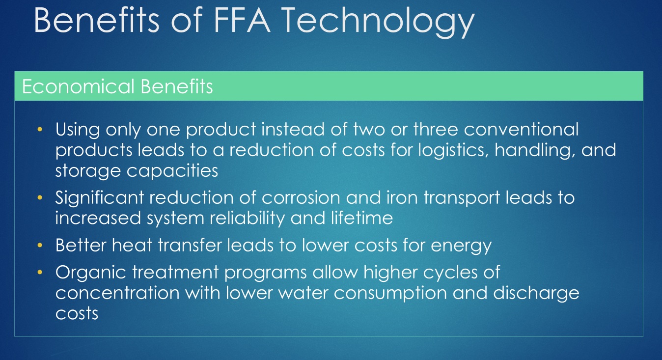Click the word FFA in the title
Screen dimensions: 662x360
tap(242, 20)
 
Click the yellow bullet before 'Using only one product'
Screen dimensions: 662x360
tap(40, 129)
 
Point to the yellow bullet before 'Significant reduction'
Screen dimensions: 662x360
tap(40, 197)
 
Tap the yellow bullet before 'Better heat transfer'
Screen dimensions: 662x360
tap(40, 245)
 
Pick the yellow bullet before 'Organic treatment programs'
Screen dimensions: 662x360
tap(40, 272)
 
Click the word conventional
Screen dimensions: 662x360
tap(521, 130)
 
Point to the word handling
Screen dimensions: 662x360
tap(535, 150)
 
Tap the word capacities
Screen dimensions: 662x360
tap(172, 171)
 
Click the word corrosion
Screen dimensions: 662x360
tap(301, 197)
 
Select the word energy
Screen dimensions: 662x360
tap(461, 246)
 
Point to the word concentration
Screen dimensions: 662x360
tap(118, 293)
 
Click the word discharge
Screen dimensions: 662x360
tap(536, 294)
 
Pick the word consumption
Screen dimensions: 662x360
tap(390, 294)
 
